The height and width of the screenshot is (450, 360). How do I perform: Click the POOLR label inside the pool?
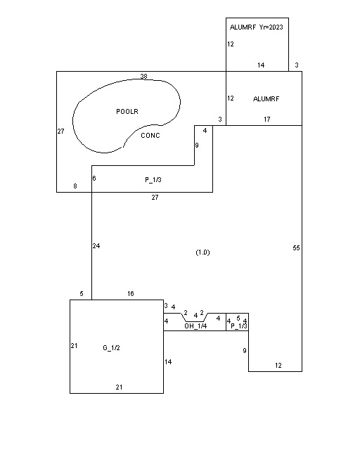(x=127, y=111)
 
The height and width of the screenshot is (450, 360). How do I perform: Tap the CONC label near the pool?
(x=150, y=136)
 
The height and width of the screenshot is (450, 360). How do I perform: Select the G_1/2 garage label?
(x=111, y=348)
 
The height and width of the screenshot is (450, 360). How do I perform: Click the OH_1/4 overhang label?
(x=195, y=326)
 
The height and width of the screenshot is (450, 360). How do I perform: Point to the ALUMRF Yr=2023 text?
(x=257, y=27)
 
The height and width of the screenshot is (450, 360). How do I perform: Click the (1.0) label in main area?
(x=202, y=252)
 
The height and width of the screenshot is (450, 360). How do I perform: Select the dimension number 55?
(x=296, y=248)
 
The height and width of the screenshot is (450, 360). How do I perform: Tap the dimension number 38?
(x=144, y=77)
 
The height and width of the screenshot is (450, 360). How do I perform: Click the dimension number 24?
(x=96, y=246)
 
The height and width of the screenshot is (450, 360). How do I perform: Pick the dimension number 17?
(x=267, y=120)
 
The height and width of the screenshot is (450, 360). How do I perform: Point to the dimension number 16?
(x=131, y=294)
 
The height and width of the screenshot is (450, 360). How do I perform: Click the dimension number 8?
(x=75, y=186)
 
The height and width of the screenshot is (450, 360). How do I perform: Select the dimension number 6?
(x=94, y=179)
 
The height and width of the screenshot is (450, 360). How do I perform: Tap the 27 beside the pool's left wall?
(x=61, y=131)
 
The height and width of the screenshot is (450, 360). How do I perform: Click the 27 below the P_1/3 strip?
(x=155, y=198)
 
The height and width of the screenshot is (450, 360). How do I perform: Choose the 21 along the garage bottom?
(x=119, y=387)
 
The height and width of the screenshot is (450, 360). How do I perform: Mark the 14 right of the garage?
(x=168, y=362)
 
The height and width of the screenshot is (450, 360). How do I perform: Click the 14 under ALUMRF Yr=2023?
(x=261, y=65)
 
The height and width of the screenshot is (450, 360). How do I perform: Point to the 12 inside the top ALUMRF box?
(x=231, y=44)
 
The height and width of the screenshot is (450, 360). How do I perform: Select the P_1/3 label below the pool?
(x=153, y=180)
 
